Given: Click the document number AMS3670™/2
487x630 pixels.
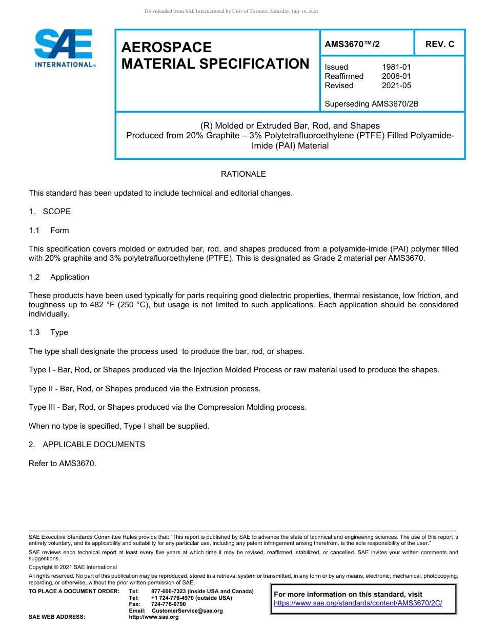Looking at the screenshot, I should (352, 45).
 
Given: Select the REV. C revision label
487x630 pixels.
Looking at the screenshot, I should (439, 45).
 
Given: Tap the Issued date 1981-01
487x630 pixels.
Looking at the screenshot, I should (396, 67).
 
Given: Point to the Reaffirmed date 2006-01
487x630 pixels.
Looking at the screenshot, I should (396, 76).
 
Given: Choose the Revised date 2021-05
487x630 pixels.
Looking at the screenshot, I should (396, 86).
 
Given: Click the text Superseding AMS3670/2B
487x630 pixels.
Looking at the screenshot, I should (371, 104).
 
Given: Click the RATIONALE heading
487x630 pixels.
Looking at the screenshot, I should (243, 174).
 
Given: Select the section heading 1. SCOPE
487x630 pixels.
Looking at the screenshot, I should (50, 212).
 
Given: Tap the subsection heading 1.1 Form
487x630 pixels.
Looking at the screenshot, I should (49, 230).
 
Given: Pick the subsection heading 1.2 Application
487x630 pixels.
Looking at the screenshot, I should (59, 277).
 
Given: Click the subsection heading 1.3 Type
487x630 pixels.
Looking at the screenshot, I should (48, 332).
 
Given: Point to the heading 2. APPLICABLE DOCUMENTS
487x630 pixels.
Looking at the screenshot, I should (87, 445).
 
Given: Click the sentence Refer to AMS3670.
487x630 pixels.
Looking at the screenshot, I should (62, 464).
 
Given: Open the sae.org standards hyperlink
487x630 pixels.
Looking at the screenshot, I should (358, 603).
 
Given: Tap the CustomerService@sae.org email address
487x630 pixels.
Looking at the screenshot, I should (187, 611).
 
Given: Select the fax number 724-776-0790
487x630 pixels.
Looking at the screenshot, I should (169, 604).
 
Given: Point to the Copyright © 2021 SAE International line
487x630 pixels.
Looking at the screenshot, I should (73, 567).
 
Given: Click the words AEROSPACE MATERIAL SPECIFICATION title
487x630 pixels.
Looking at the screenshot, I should (215, 55).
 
